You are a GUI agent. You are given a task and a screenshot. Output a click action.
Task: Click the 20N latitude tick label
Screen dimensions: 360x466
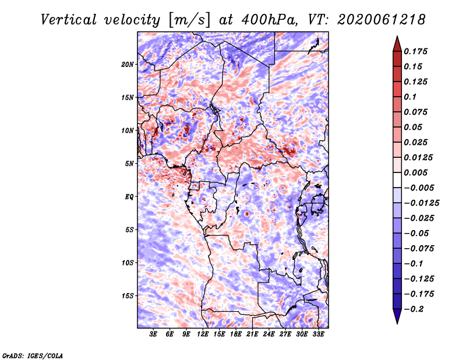[x=128, y=64]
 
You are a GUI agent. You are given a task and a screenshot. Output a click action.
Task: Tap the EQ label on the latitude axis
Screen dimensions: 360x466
[x=129, y=197]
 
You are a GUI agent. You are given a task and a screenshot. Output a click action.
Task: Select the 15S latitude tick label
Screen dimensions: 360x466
[x=128, y=296]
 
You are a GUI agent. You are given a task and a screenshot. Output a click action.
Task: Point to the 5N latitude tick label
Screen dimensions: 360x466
[x=129, y=164]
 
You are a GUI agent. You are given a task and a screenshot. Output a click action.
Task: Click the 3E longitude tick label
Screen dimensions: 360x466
[x=154, y=335]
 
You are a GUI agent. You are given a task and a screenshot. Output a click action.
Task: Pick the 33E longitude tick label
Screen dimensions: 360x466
[x=318, y=335]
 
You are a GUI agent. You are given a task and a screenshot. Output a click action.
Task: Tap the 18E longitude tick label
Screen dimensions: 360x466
[x=236, y=335]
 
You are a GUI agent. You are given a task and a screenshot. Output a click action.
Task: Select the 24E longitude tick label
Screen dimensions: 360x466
[x=269, y=335]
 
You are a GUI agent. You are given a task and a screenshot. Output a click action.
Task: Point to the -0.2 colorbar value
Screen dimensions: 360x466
[x=414, y=309]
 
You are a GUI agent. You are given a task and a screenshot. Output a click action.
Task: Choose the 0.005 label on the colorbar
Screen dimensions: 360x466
[x=416, y=173]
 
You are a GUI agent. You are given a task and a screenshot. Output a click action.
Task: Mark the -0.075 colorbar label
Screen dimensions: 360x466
[x=419, y=248]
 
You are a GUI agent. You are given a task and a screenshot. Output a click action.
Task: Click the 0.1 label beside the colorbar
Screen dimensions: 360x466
[x=411, y=97]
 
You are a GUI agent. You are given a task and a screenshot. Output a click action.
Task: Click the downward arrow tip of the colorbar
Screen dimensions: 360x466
[x=396, y=322]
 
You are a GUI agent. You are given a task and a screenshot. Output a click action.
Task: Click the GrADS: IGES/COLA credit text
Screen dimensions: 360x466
[x=33, y=355]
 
